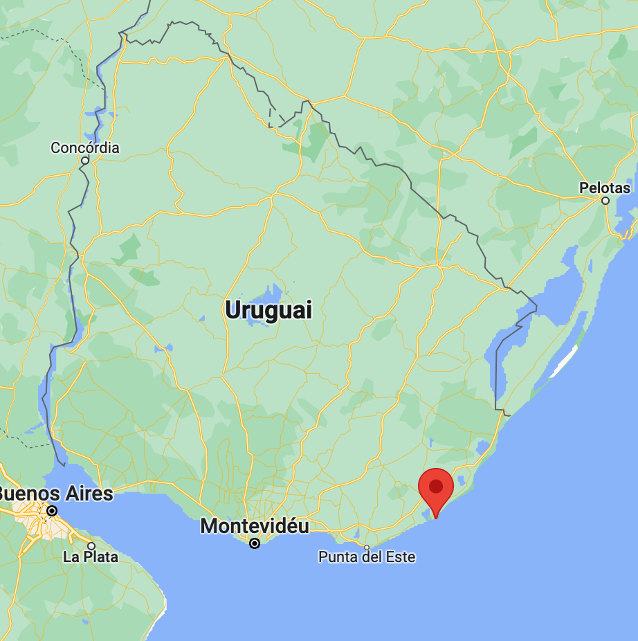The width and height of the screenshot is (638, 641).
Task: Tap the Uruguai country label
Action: click(x=268, y=310)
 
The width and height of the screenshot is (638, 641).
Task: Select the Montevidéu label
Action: click(x=255, y=526)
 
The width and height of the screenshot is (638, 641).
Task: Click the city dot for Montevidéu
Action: click(x=255, y=543)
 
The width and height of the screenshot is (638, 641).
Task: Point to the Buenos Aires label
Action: click(x=55, y=494)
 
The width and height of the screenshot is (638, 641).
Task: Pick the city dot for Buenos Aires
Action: click(x=52, y=512)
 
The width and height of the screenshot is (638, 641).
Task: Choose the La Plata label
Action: click(x=90, y=557)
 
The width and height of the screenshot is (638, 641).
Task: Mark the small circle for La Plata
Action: click(x=91, y=546)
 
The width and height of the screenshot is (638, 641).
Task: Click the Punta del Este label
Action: click(x=367, y=557)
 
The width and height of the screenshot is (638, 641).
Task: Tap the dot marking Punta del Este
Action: click(x=367, y=548)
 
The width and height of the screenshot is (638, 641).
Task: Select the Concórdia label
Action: click(x=85, y=147)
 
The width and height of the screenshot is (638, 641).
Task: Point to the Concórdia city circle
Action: click(x=85, y=160)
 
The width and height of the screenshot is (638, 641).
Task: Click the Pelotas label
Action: click(x=605, y=188)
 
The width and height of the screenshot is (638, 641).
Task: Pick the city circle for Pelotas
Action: click(x=605, y=201)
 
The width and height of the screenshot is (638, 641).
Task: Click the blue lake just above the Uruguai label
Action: click(x=266, y=292)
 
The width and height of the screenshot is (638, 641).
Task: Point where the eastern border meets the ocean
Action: click(x=509, y=415)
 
